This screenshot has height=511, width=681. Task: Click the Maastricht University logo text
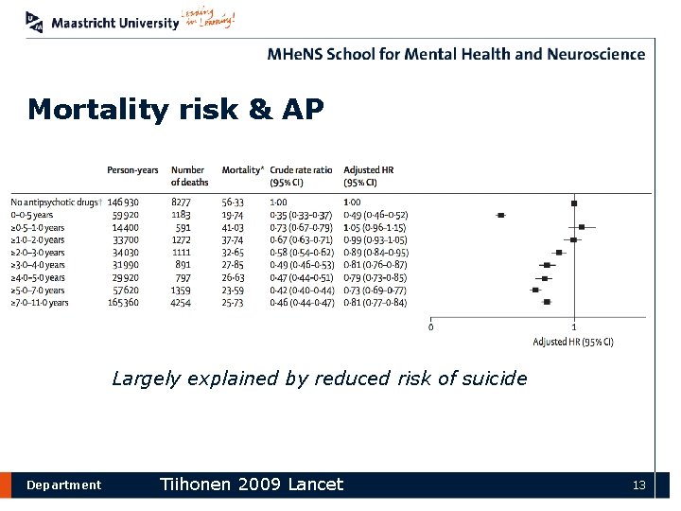click(x=115, y=23)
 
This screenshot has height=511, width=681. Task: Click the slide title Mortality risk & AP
click(x=176, y=111)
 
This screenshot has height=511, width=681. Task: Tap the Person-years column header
click(x=132, y=170)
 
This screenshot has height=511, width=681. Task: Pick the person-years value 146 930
click(x=123, y=203)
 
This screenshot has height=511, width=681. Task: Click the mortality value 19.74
click(x=233, y=215)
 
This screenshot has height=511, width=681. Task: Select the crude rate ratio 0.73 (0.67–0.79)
click(x=302, y=228)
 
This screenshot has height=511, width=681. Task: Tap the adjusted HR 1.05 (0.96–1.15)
click(x=375, y=228)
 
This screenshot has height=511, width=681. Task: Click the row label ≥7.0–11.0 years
click(x=40, y=303)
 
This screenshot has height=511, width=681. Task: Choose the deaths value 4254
click(x=180, y=303)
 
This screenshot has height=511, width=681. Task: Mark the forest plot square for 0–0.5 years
click(x=501, y=216)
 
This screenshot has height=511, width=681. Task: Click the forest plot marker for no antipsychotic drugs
click(x=574, y=203)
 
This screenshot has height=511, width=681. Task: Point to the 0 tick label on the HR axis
click(x=431, y=327)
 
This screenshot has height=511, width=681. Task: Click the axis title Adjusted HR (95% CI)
click(x=573, y=342)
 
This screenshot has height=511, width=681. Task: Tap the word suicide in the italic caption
click(x=494, y=379)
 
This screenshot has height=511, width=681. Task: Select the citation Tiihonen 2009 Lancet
click(x=252, y=485)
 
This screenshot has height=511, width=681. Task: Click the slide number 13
click(x=639, y=485)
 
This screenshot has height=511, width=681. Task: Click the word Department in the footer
click(x=63, y=485)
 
